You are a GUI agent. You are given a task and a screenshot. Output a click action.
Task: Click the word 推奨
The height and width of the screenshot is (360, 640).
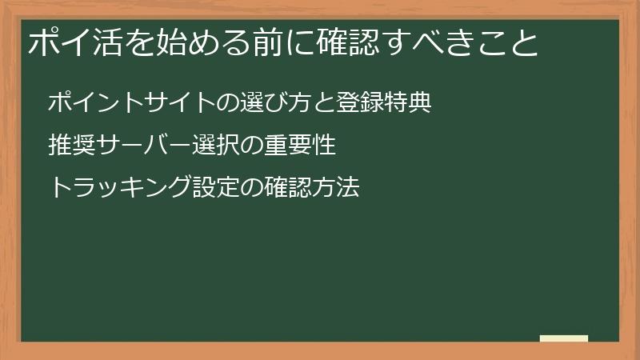point(71,145)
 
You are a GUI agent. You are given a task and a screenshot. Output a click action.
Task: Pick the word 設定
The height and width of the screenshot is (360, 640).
point(215,187)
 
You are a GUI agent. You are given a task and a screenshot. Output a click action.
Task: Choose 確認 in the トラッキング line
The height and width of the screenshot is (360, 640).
point(287,187)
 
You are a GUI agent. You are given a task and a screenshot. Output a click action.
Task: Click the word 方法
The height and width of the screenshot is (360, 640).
point(335,187)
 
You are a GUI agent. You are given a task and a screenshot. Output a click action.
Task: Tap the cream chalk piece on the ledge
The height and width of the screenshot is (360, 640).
point(564,338)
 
